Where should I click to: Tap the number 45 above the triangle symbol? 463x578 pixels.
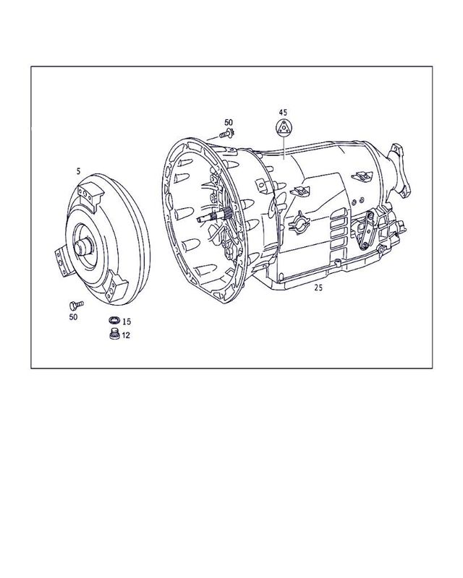tap(283, 112)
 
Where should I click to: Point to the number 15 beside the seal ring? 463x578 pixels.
tap(126, 321)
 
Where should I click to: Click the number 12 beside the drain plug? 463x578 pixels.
tap(126, 335)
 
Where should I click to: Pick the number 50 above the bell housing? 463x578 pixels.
tap(229, 122)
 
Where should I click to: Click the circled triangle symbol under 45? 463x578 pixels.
tap(283, 130)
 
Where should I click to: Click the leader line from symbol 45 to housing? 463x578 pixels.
tap(284, 148)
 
